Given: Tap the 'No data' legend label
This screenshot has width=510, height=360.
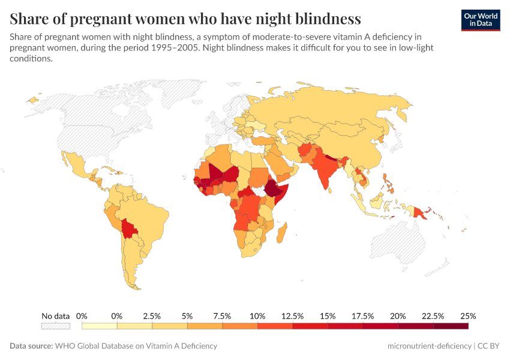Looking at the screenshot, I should pyautogui.click(x=55, y=316).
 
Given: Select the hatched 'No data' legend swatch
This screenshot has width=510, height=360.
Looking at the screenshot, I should pyautogui.click(x=55, y=326).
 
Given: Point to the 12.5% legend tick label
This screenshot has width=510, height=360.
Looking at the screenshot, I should pyautogui.click(x=292, y=316).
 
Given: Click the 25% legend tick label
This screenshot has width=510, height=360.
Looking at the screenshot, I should pyautogui.click(x=467, y=316).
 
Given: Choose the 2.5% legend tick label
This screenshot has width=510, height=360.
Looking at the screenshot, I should pyautogui.click(x=152, y=316).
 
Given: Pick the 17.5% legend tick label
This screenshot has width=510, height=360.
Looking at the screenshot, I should pyautogui.click(x=362, y=316).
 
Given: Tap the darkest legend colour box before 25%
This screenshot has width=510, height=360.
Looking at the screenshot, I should pyautogui.click(x=450, y=326).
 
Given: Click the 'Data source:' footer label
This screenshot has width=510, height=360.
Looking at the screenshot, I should pyautogui.click(x=31, y=346).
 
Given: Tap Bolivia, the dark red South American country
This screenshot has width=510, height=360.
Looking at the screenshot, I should pyautogui.click(x=129, y=229).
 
